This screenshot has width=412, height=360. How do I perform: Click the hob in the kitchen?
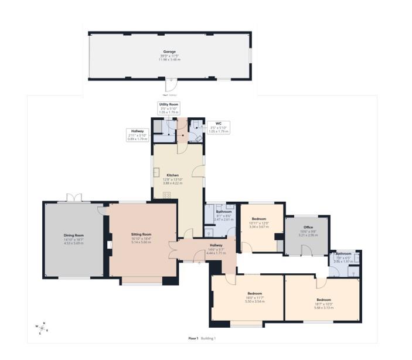166,195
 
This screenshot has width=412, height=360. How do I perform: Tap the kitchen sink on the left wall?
157,172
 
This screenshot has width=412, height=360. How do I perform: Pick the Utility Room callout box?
169,108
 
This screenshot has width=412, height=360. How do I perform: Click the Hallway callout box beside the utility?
138,135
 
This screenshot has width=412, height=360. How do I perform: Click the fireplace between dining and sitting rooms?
108,244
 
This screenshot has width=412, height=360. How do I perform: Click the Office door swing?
307,250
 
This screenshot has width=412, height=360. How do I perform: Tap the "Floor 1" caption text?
193,338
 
